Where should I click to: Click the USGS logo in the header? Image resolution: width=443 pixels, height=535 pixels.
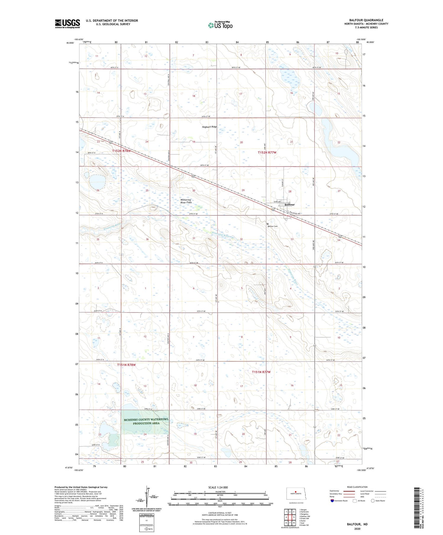tap(67, 24)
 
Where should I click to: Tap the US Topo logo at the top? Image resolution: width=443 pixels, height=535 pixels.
tap(220, 25)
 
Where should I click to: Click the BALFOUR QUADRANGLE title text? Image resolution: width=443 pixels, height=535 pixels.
tap(366, 20)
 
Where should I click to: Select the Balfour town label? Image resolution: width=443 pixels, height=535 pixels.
tap(289, 204)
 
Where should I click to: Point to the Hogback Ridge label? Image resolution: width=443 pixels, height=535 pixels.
tap(209, 127)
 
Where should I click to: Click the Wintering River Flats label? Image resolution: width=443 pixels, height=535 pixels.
tap(186, 201)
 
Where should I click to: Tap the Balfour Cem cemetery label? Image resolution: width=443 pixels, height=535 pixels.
tap(273, 226)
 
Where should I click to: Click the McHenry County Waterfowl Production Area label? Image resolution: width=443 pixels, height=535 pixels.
tap(146, 421)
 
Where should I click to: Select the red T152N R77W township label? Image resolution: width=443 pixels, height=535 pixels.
tap(267, 153)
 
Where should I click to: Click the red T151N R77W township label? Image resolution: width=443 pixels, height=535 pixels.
tap(261, 372)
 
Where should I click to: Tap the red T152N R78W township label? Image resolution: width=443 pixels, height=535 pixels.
tap(121, 151)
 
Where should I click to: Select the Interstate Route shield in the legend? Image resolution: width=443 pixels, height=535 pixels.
tap(333, 501)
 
